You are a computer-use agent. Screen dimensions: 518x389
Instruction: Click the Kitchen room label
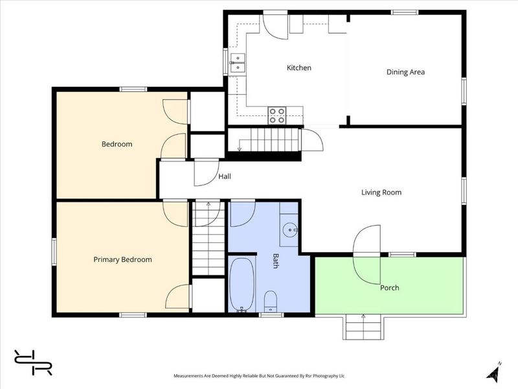tap(298, 68)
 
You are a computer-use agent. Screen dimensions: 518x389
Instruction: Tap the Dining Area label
tap(405, 72)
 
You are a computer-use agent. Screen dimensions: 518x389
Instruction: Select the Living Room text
tap(381, 193)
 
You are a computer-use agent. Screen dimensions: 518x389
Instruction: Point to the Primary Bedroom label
tap(122, 260)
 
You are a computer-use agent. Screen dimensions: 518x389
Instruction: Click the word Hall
tap(225, 176)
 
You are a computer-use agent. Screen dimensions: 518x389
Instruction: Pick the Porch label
tap(390, 288)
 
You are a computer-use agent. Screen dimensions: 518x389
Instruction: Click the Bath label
tap(275, 261)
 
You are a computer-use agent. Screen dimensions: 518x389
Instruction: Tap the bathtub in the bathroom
tap(242, 285)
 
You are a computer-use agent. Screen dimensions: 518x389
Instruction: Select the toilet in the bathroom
tap(271, 301)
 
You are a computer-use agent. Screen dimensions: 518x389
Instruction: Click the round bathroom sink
tap(290, 230)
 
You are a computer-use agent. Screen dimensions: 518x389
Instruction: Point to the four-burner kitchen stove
tap(277, 115)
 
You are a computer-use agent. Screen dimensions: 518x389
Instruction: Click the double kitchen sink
tap(238, 63)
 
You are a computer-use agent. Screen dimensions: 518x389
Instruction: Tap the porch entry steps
tap(363, 327)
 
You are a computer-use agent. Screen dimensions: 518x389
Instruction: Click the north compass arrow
tap(494, 370)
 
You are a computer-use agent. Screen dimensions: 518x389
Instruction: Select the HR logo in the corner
tap(33, 362)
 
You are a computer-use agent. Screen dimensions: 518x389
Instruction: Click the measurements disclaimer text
tap(259, 376)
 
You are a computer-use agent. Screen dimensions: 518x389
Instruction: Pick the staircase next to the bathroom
tap(208, 237)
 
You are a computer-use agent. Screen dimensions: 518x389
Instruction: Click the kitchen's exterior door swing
tap(275, 27)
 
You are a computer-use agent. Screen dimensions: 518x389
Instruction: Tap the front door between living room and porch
tap(366, 255)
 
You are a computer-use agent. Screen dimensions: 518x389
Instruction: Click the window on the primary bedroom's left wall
tap(54, 252)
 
